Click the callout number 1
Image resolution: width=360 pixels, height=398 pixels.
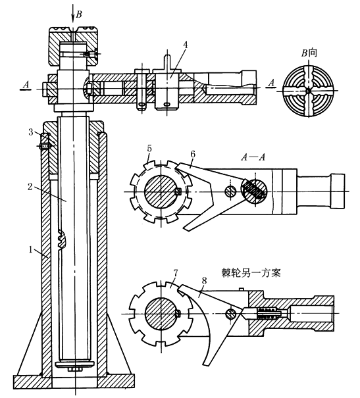pos(30,249)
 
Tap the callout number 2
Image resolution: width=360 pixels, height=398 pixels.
pos(30,187)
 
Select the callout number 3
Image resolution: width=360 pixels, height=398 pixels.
pos(30,132)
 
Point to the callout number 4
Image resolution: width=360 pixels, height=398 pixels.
pos(185,45)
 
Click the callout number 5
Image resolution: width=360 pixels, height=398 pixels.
pos(149,148)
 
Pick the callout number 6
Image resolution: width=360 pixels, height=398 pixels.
pos(193,155)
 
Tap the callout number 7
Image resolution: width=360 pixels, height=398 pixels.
pos(176,273)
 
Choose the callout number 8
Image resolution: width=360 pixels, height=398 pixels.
pos(204,280)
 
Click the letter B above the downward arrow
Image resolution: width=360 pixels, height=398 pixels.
pos(79,14)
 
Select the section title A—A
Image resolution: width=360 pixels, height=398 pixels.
pos(253,157)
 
